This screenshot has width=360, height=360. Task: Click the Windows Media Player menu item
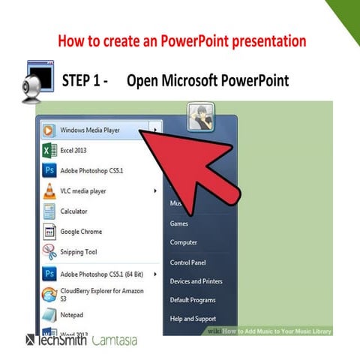[x=90, y=130]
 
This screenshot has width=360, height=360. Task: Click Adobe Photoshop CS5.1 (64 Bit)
[x=101, y=273]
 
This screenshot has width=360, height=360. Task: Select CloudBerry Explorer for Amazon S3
[x=101, y=293]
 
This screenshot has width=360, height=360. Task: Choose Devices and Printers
[x=196, y=281]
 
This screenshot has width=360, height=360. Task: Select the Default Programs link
[x=193, y=300]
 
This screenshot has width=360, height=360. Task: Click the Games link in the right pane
[x=179, y=223]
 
